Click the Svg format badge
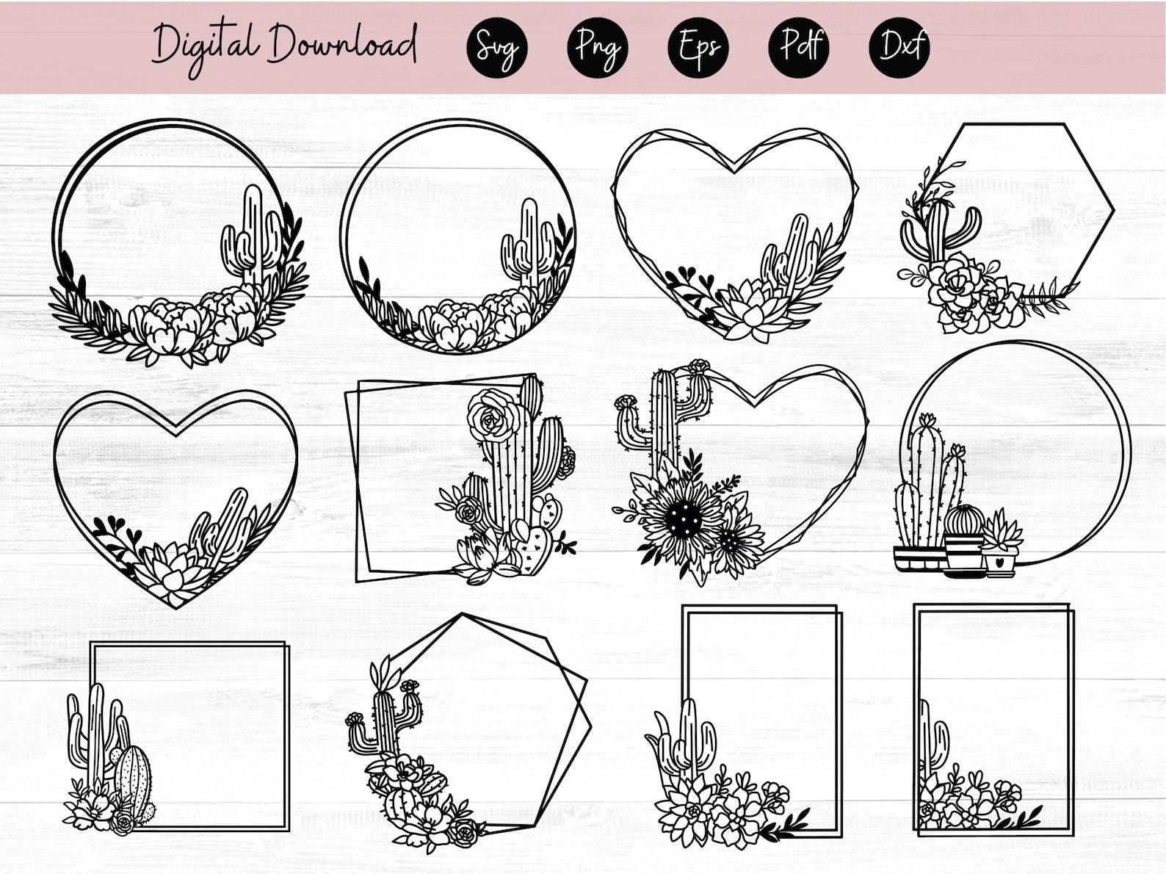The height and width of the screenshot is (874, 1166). point(496,48)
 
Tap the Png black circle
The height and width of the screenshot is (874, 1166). point(597,48)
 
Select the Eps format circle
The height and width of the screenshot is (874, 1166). point(698,48)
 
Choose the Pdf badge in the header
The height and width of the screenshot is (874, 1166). point(799,48)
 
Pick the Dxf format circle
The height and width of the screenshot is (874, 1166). point(899,48)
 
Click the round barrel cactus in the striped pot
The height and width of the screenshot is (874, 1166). point(964,520)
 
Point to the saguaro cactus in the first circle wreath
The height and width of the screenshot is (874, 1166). point(253,235)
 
